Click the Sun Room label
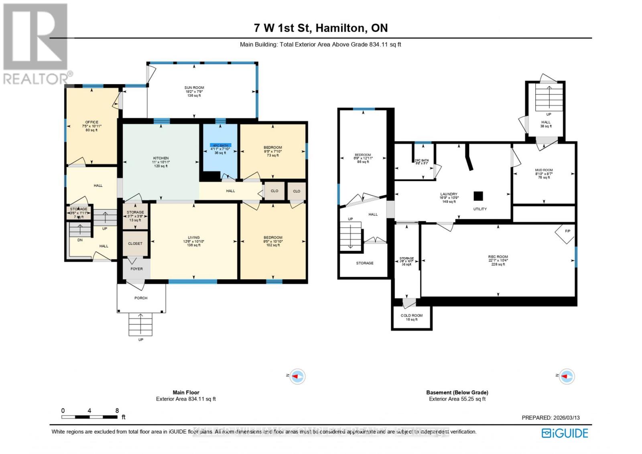pos(194,88)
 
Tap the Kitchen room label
pos(161,158)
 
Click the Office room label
pos(91,122)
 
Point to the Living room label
pos(193,238)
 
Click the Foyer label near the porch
pos(136,269)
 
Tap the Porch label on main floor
pos(141,298)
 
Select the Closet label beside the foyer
pos(135,244)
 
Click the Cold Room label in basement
pos(412,316)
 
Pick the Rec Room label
pos(498,257)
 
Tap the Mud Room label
pos(544,170)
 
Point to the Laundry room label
pos(449,194)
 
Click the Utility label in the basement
pos(480,209)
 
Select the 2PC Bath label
pos(421,160)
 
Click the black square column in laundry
pos(478,196)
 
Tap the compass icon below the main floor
pos(297,377)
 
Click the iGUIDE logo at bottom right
pos(565,433)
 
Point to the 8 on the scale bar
pos(117,411)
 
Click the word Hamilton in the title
pos(340,28)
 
